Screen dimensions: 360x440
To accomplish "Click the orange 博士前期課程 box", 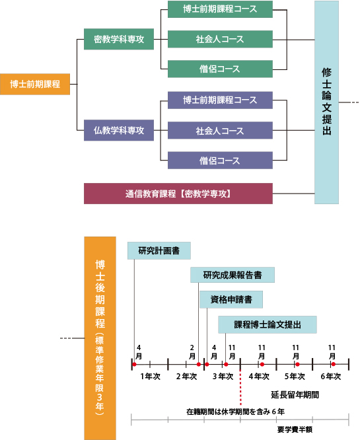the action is pos(35,84).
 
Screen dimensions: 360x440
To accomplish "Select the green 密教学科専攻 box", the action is pos(119,39).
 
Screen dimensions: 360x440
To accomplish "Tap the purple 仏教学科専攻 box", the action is pos(119,130).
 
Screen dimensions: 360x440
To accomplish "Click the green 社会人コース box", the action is pos(220,39).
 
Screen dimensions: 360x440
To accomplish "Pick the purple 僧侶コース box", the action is pos(220,161).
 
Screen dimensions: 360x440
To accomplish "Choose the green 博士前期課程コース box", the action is pos(220,9).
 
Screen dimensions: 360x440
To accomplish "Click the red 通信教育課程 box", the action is pos(178,194).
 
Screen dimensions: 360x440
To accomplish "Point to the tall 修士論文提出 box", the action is pos(326,102).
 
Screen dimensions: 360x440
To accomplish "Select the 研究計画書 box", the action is pos(159,250).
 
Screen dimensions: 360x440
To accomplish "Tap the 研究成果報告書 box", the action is pos(233,275).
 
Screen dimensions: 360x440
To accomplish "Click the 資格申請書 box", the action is pos(231,299).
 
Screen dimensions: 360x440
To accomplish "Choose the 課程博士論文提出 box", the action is pos(268,324).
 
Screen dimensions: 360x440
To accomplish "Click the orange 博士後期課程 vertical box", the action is pos(100,338).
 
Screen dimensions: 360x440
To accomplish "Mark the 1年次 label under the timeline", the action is pos(151,377).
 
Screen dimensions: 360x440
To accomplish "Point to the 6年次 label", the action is pos(331,377).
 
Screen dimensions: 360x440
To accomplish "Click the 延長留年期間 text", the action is pos(295,395).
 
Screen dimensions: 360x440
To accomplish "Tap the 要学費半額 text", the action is pos(295,429).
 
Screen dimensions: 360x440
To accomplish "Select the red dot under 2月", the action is pos(199,364).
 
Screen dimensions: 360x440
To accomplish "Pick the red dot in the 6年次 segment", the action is pos(334,364).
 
